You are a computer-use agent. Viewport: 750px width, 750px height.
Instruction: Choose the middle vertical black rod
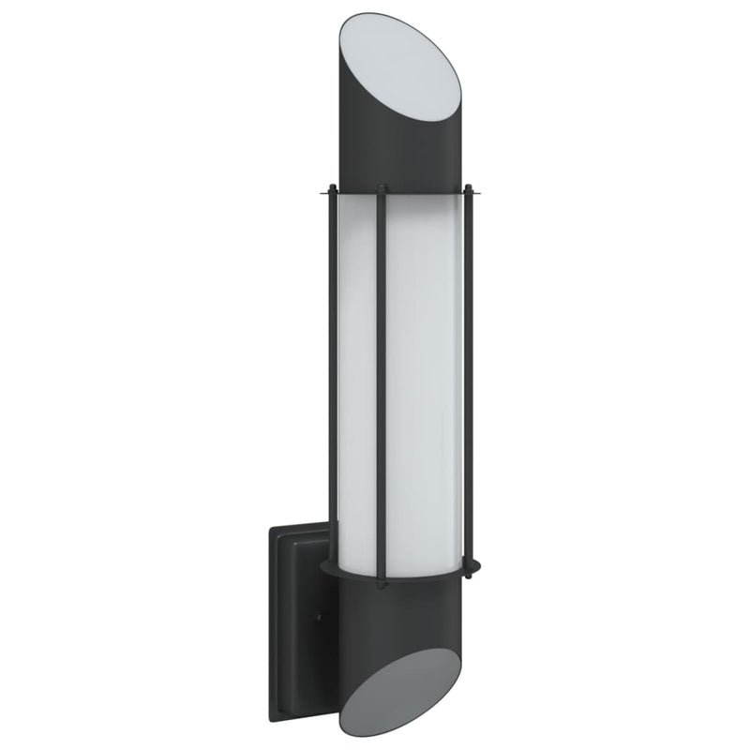coord(381,375)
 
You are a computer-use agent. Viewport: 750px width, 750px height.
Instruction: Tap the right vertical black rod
coord(468,375)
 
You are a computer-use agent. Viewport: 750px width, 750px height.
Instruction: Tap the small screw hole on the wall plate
coord(318,619)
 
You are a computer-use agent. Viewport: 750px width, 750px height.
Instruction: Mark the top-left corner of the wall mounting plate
coord(271,528)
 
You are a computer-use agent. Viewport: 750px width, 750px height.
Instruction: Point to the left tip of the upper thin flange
coord(320,194)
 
